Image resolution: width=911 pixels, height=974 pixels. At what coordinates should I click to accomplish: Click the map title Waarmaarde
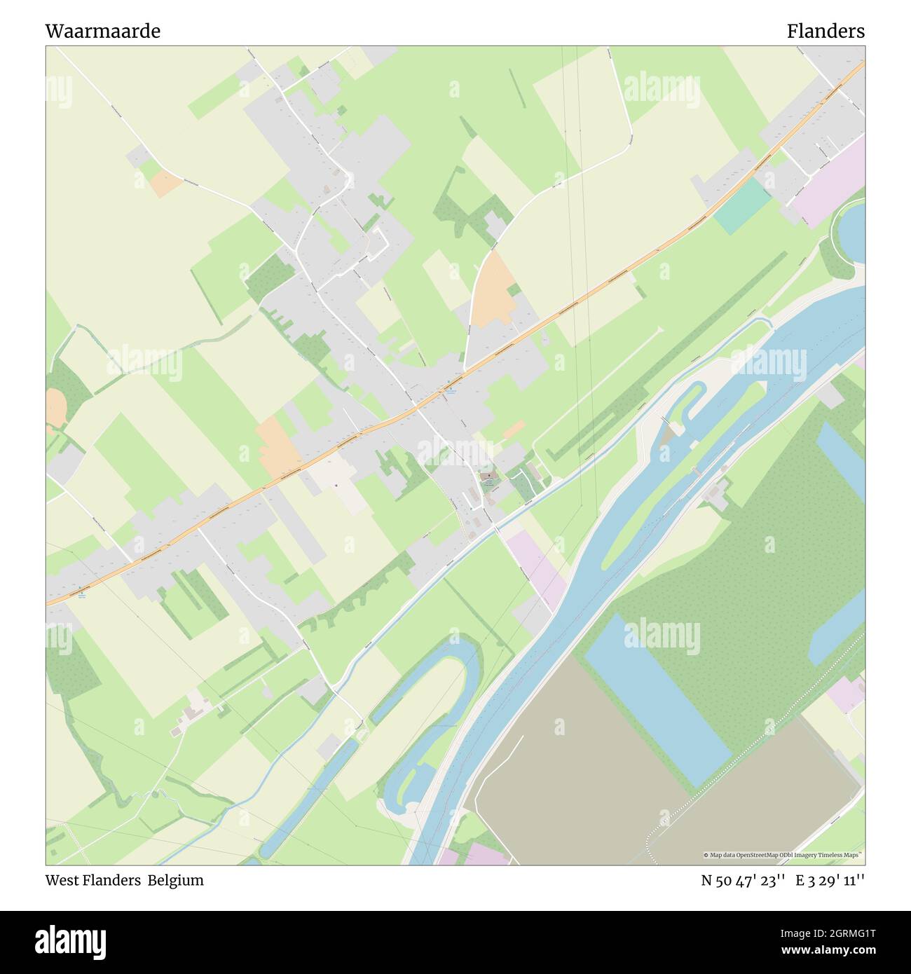pos(102,31)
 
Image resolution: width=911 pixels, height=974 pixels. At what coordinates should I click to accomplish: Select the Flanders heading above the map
pos(825,31)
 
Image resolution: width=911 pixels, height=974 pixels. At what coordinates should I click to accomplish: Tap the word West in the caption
pos(61,880)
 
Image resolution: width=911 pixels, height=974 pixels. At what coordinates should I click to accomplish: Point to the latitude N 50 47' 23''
pos(744,880)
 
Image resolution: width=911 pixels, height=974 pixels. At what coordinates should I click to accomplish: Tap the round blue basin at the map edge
pos(849,230)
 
